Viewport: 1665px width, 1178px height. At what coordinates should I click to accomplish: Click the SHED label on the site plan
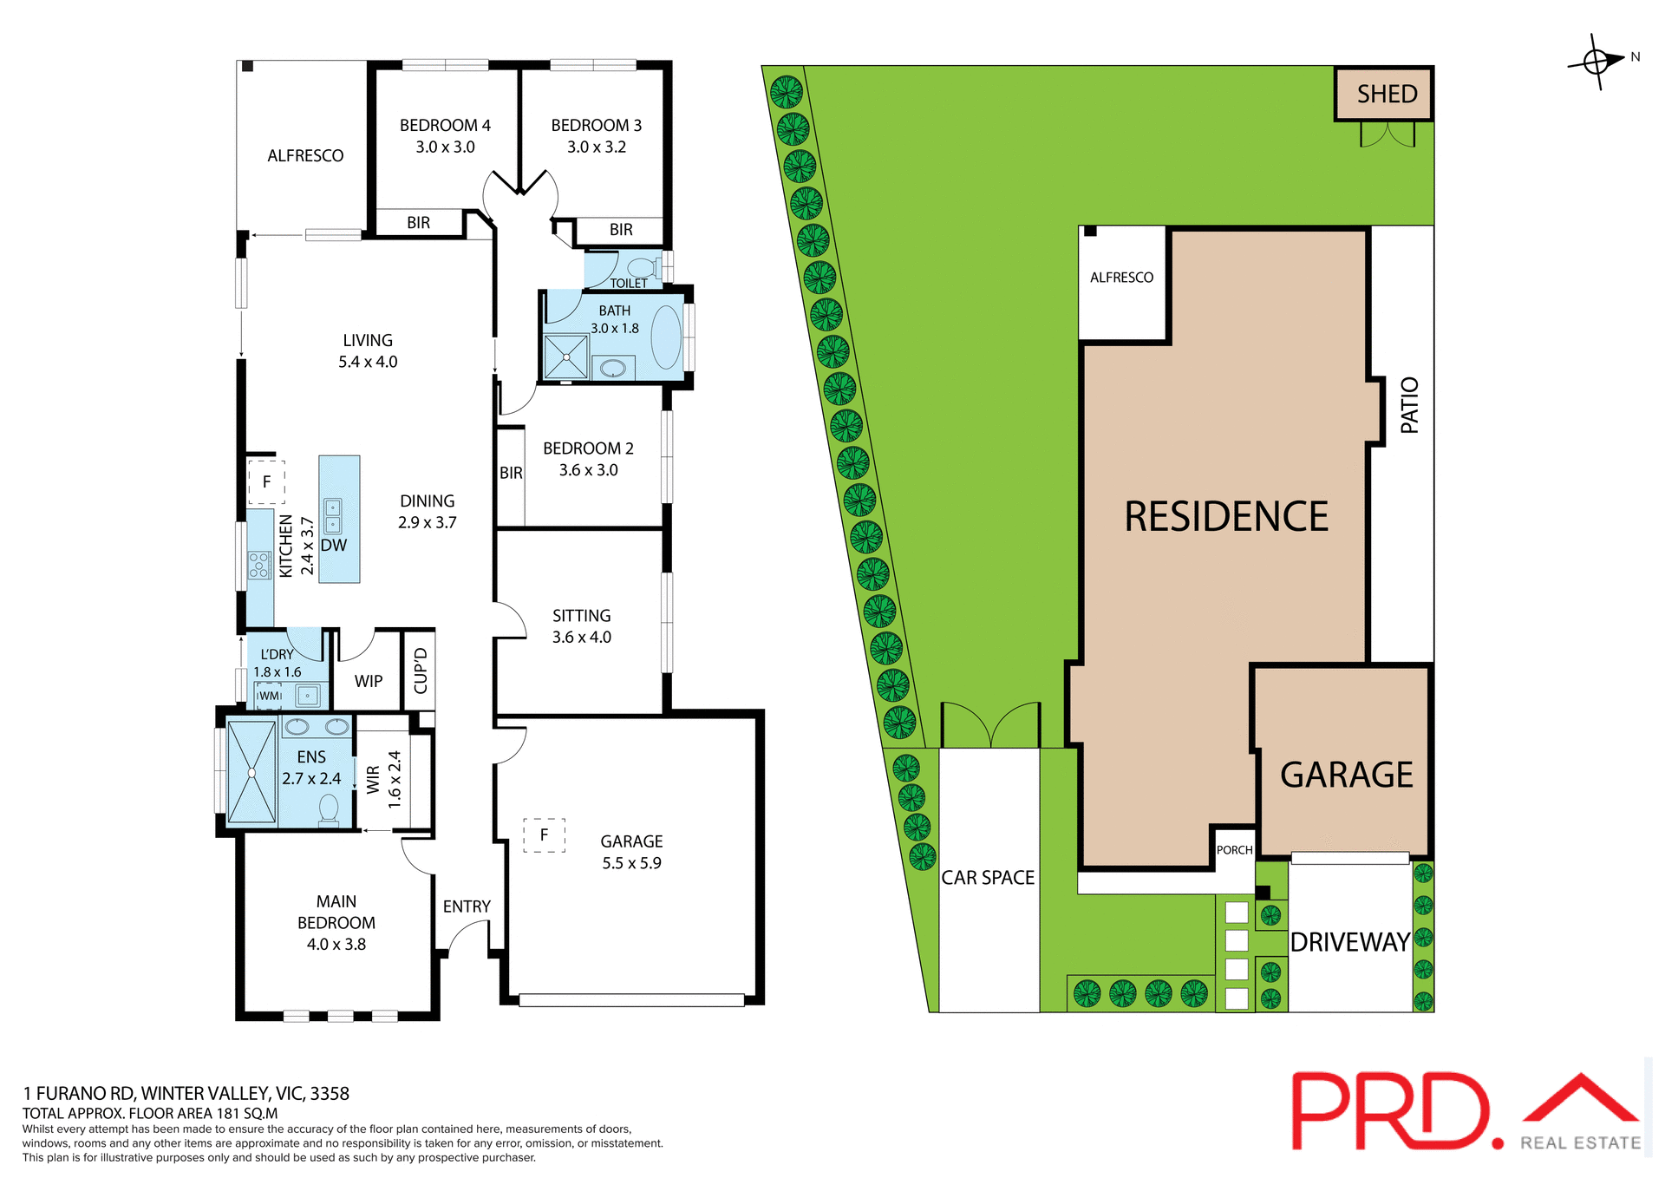[x=1386, y=94]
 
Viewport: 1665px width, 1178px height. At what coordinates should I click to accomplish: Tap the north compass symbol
[x=1596, y=62]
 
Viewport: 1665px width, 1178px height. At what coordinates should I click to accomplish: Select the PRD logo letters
[x=1393, y=1110]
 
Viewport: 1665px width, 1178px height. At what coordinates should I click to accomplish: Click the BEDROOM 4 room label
[x=445, y=125]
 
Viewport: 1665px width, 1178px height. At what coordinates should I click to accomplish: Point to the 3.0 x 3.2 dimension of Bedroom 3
[x=597, y=147]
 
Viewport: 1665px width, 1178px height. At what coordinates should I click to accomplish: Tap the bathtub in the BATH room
[x=667, y=337]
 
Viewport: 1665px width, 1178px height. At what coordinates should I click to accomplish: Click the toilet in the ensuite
[x=329, y=809]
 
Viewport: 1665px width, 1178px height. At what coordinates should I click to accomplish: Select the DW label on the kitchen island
[x=334, y=546]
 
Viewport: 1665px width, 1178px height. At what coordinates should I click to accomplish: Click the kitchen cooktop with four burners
[x=259, y=565]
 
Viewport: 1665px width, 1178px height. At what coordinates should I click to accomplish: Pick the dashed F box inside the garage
[x=545, y=834]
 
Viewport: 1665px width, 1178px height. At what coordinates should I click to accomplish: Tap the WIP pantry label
[x=369, y=681]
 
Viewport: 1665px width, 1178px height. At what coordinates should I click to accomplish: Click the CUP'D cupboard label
[x=421, y=671]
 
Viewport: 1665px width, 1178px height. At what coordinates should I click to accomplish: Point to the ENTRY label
[x=467, y=906]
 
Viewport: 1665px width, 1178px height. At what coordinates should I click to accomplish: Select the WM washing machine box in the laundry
[x=270, y=696]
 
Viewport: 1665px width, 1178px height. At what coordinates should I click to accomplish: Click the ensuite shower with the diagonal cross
[x=251, y=772]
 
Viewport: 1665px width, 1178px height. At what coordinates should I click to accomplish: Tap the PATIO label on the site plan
[x=1409, y=405]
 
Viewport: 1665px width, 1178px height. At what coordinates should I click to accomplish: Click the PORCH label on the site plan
[x=1234, y=850]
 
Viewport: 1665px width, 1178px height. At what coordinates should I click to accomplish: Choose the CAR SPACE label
[x=988, y=878]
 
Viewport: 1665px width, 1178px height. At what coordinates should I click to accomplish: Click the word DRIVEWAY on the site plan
[x=1349, y=942]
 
